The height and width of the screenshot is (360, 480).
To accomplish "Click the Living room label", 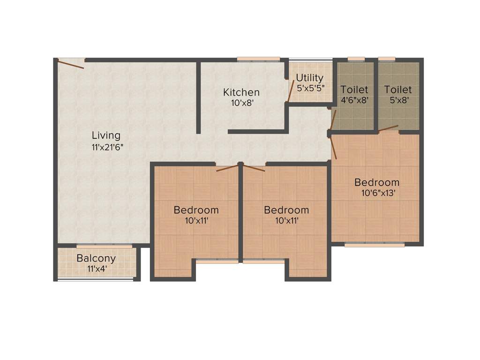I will click(106, 135).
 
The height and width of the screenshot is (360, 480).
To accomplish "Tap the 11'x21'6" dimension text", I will click(108, 146).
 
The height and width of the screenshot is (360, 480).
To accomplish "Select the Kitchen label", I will click(241, 92).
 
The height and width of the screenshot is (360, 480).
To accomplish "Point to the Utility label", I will click(309, 78).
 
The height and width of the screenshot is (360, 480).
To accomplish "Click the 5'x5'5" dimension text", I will click(310, 88).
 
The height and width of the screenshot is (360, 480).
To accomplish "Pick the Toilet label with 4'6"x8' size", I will click(354, 89).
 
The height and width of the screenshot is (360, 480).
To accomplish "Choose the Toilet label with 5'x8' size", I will click(398, 89).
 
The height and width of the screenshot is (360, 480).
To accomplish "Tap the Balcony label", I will click(96, 258).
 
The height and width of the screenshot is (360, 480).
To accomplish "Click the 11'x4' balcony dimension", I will click(96, 269).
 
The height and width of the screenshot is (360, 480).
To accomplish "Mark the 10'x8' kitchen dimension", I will click(242, 103).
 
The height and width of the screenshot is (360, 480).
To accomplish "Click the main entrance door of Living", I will click(71, 63).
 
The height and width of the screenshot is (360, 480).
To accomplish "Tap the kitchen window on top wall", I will click(258, 59).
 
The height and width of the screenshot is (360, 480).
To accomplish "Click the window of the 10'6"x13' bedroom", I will click(374, 244).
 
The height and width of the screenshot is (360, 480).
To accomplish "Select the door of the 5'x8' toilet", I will click(389, 128).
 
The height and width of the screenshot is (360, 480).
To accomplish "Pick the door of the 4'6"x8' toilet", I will click(333, 120).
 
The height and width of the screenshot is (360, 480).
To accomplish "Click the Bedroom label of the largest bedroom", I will click(376, 182).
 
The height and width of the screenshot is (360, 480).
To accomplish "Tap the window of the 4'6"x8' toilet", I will click(356, 59).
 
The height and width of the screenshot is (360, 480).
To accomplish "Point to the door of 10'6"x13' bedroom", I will click(334, 148).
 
